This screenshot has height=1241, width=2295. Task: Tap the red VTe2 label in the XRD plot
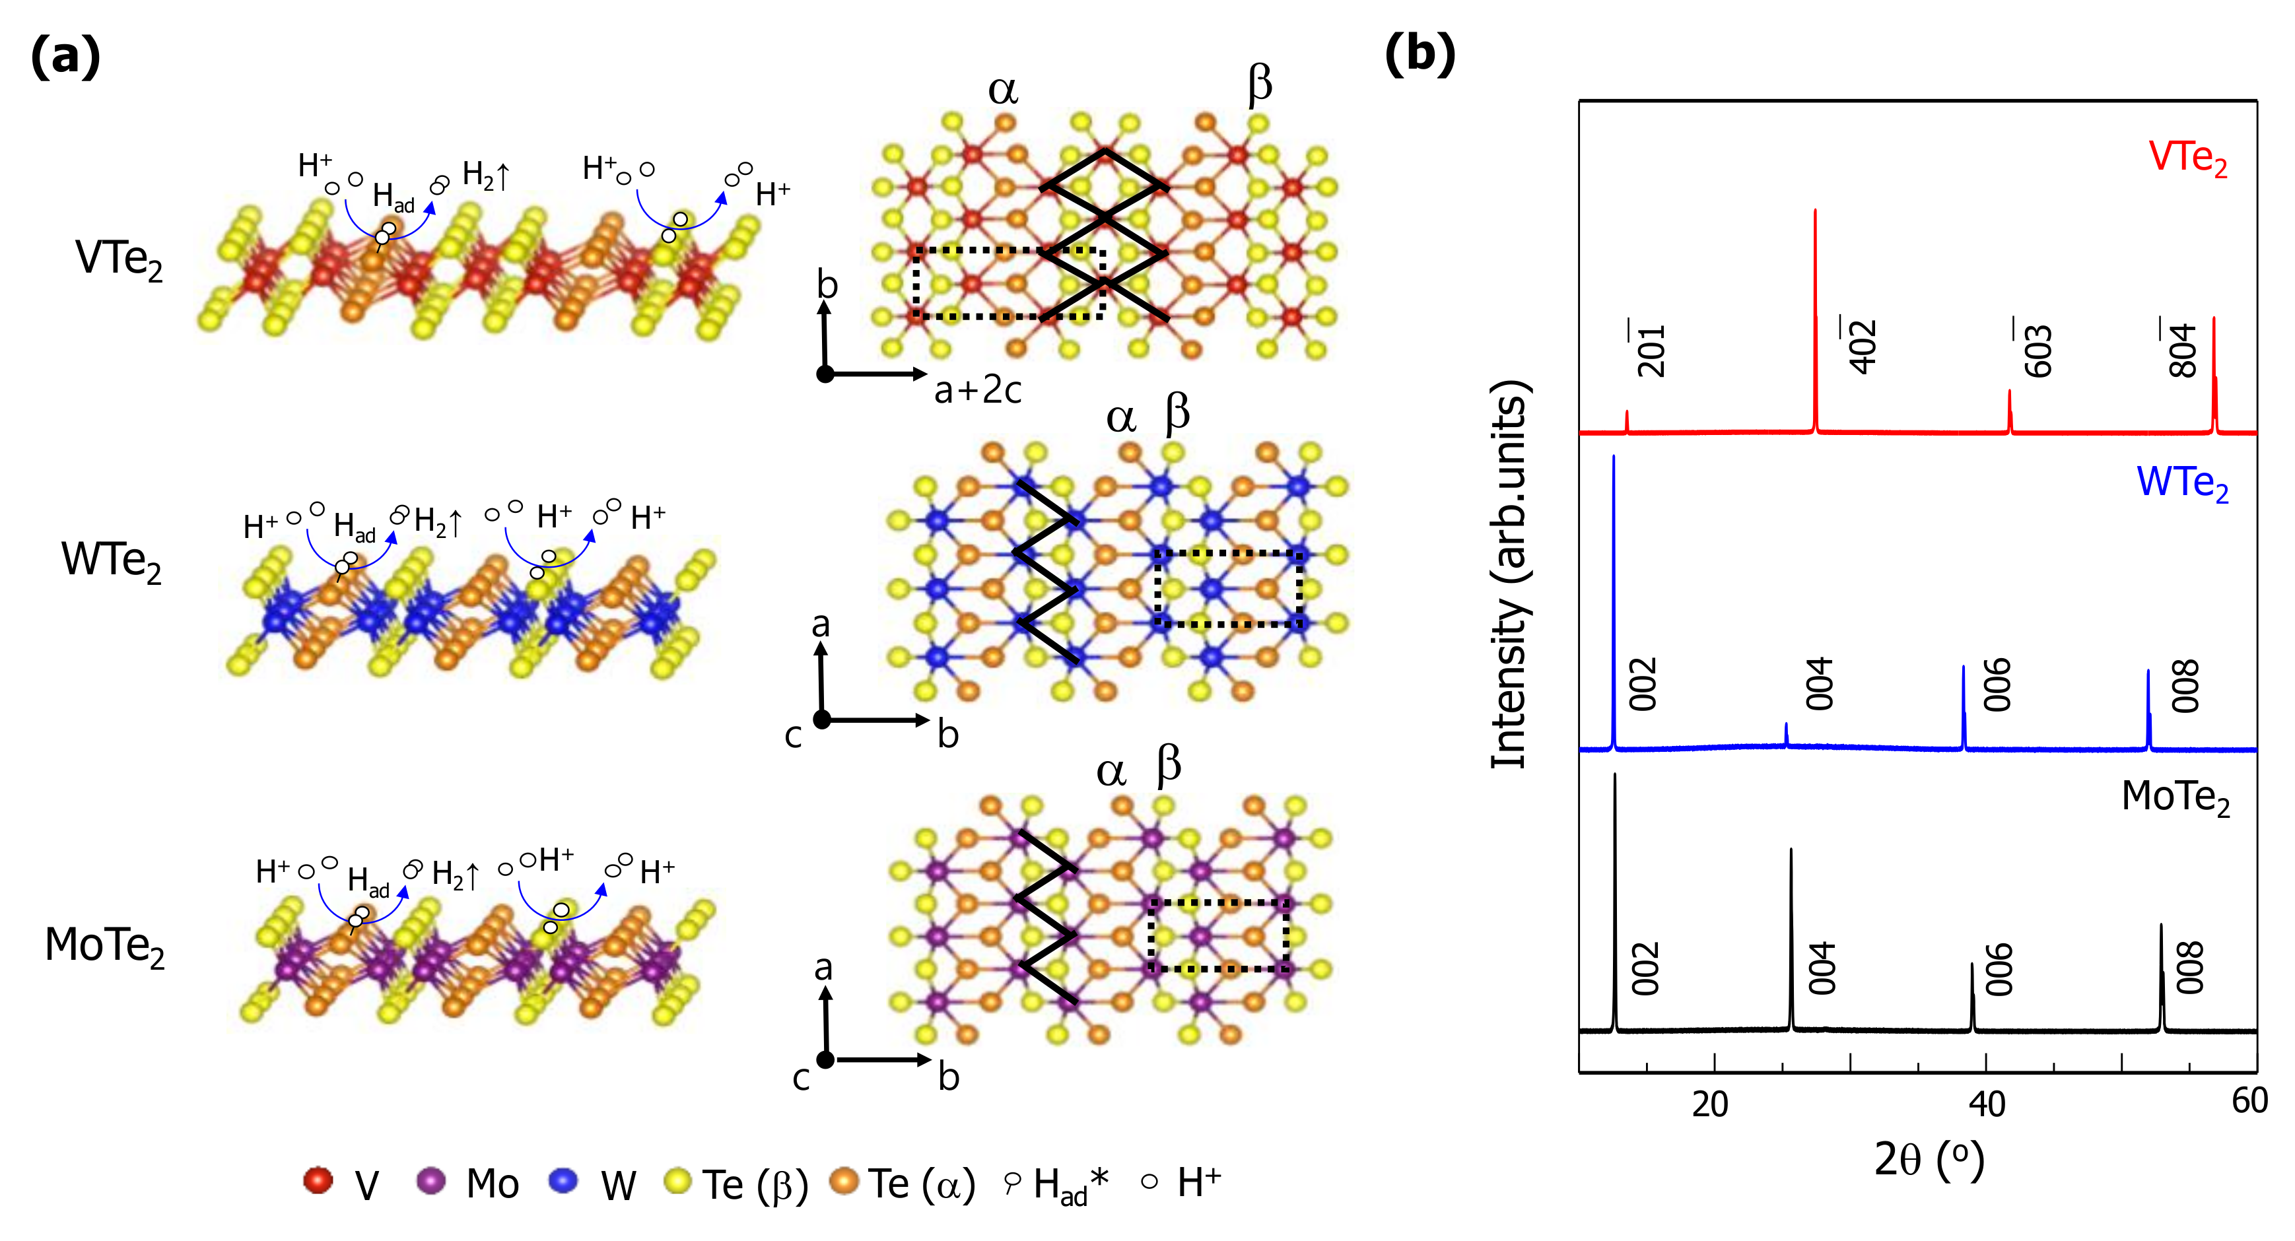[2187, 158]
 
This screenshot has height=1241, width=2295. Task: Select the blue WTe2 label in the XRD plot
[2182, 484]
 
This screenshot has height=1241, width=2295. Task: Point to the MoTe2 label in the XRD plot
[2175, 797]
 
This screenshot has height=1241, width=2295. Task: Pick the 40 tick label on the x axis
[1986, 1104]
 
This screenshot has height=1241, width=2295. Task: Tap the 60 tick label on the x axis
[2249, 1101]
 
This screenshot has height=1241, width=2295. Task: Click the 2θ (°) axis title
[1929, 1160]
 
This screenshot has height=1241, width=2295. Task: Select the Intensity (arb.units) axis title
[1509, 574]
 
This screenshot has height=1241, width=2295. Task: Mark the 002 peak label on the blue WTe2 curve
[1643, 684]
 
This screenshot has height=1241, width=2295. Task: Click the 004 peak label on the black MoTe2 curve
[1822, 968]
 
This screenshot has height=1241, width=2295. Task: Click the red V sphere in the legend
[318, 1180]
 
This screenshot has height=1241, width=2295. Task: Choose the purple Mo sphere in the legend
[431, 1180]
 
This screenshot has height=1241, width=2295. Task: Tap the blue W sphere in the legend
[563, 1180]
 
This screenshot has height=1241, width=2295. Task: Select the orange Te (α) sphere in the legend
[844, 1180]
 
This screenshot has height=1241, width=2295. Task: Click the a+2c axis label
[977, 390]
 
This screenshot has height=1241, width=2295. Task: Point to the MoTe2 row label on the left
[105, 946]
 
